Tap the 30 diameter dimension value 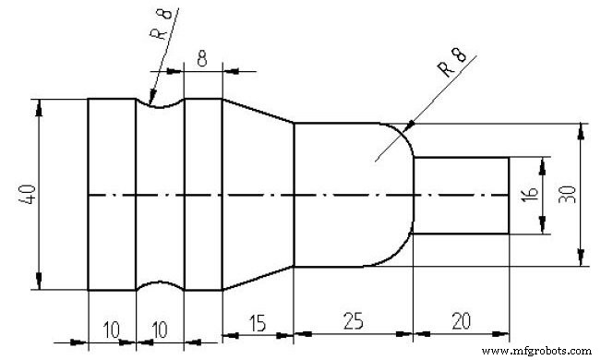(x=565, y=195)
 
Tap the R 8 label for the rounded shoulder (x=451, y=67)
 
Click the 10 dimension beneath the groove (x=160, y=330)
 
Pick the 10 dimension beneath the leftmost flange (x=112, y=330)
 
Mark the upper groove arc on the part (x=160, y=104)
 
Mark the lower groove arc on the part (x=160, y=285)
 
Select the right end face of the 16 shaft (x=509, y=196)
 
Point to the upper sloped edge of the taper (x=258, y=111)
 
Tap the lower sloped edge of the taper (x=258, y=279)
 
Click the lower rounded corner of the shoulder (x=403, y=253)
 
